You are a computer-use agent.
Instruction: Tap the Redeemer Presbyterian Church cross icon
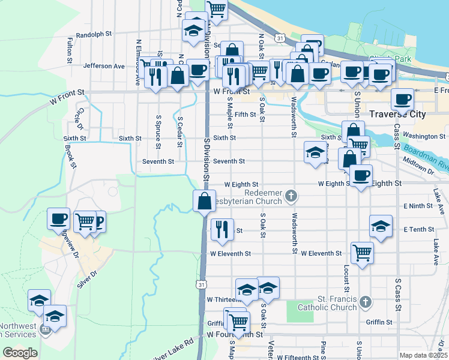coord(291,195)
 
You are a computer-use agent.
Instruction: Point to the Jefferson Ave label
coord(104,65)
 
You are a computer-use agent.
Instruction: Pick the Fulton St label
coord(70,50)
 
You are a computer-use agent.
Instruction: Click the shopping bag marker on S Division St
coord(204,201)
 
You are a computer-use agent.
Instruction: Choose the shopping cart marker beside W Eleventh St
coord(362,252)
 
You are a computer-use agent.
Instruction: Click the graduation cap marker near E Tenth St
coord(381,226)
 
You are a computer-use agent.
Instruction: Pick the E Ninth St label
coord(418,206)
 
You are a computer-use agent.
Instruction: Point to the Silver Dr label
coord(87,280)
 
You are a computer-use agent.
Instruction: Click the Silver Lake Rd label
coord(173,350)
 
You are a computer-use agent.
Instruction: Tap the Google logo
coord(20,353)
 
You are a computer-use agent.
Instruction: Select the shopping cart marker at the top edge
coord(216,10)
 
